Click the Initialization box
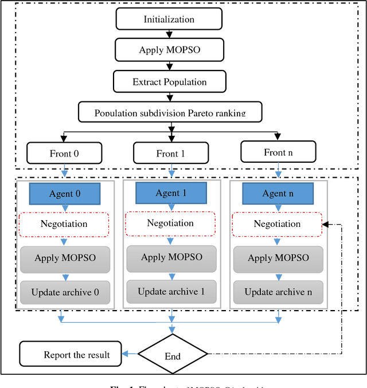[169, 19]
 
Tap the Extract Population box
[169, 81]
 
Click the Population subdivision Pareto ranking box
[170, 111]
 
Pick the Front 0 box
[64, 153]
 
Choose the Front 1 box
[171, 153]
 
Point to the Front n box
[278, 152]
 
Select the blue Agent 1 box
[171, 193]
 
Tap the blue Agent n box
[278, 194]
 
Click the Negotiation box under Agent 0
[64, 224]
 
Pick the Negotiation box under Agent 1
[171, 223]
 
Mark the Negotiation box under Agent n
[278, 224]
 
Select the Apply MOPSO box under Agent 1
[171, 257]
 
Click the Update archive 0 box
[65, 292]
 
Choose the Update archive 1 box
[171, 292]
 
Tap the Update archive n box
[278, 292]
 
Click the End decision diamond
[173, 355]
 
